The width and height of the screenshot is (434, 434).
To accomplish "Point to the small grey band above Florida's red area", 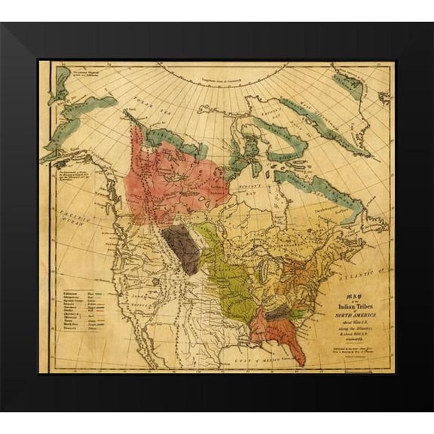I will [x=278, y=310].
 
